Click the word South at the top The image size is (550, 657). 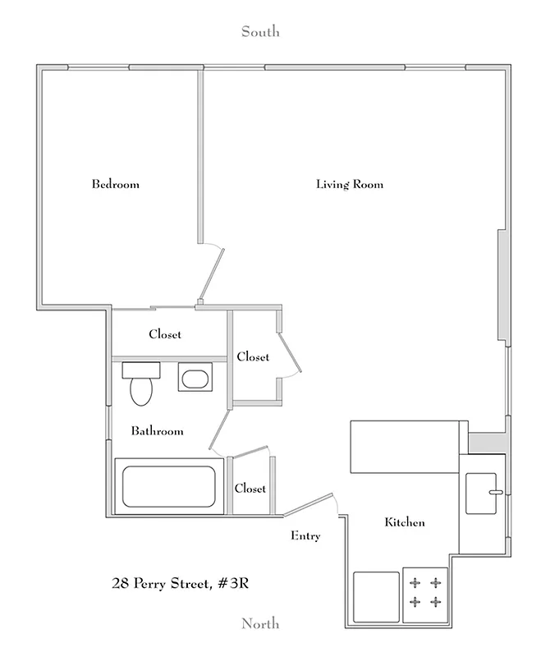click(x=259, y=32)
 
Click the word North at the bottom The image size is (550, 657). click(x=259, y=624)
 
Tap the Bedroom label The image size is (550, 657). click(x=115, y=184)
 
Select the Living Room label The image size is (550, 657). click(x=350, y=184)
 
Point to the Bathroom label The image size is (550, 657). click(x=157, y=430)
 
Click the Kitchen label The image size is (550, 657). click(x=405, y=522)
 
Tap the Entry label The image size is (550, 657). click(x=305, y=536)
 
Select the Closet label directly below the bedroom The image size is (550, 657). click(x=165, y=334)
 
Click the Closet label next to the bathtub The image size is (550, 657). click(x=250, y=488)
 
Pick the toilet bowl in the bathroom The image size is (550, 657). click(x=142, y=392)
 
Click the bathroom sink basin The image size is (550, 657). click(x=195, y=379)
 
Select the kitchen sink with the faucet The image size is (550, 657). click(x=483, y=493)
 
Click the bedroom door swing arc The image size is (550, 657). click(x=215, y=250)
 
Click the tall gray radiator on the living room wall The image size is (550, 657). click(x=502, y=285)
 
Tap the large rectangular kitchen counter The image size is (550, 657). click(x=406, y=447)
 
